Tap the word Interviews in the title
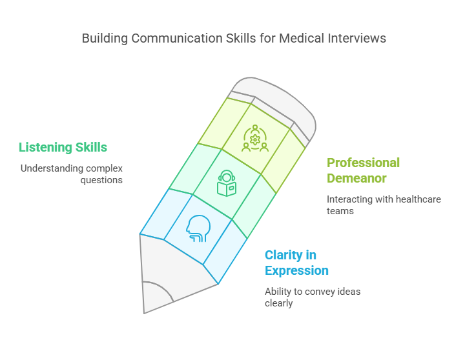click(x=356, y=38)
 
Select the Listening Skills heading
click(x=63, y=147)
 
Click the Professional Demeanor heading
click(x=363, y=170)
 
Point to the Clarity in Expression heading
click(x=296, y=263)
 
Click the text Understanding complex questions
click(x=71, y=174)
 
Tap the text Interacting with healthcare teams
click(x=384, y=205)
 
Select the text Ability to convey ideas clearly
click(x=313, y=297)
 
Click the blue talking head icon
click(x=198, y=228)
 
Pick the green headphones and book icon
click(x=226, y=183)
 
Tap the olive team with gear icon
click(x=254, y=138)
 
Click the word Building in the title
click(x=105, y=38)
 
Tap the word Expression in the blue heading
click(x=296, y=270)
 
